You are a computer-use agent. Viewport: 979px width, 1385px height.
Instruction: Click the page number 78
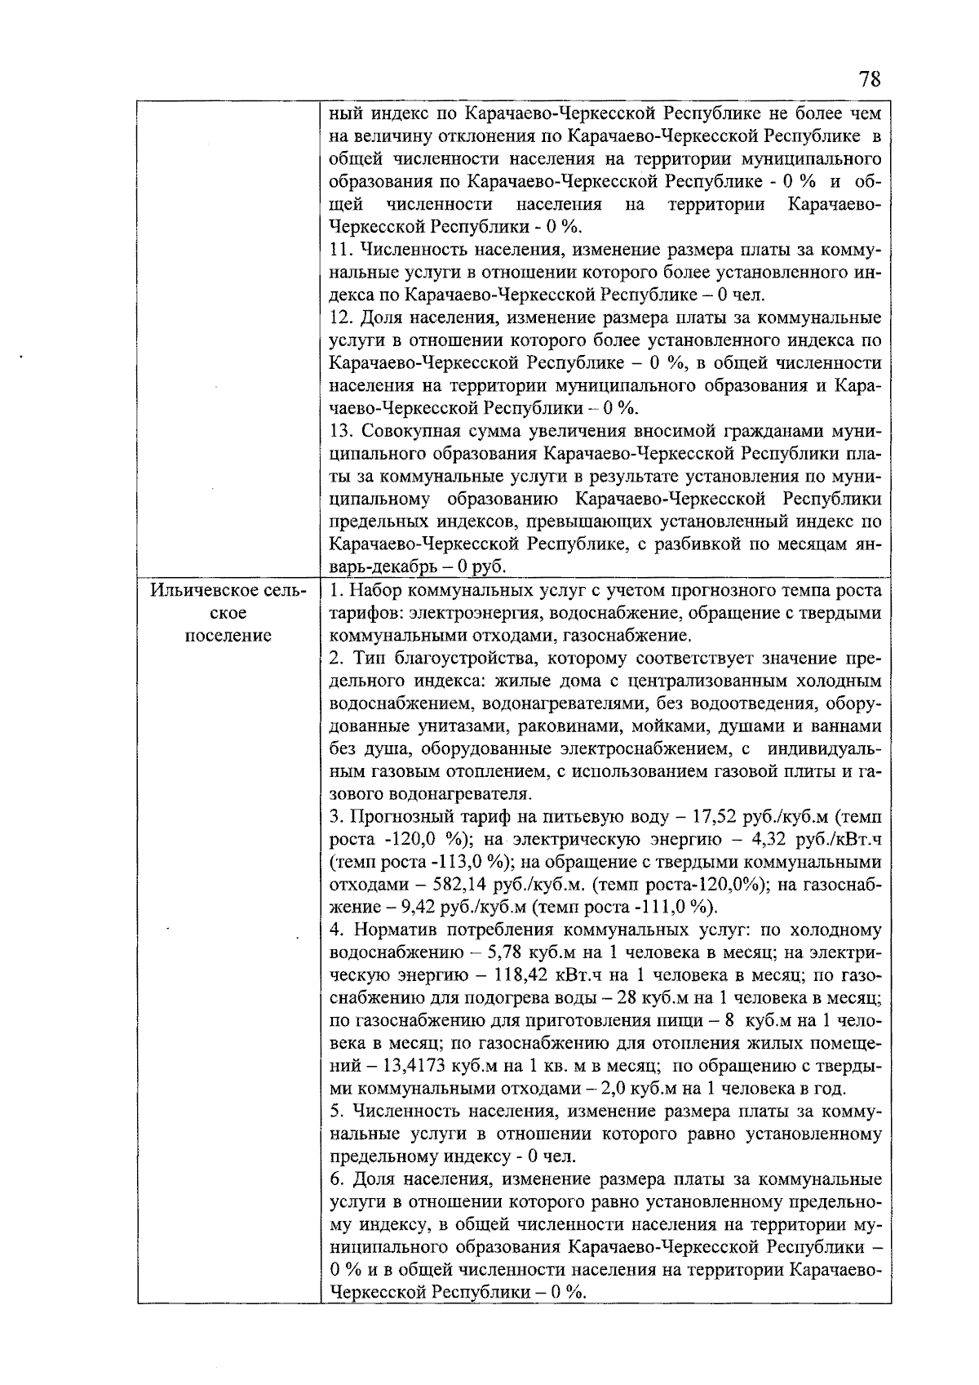coord(870,80)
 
